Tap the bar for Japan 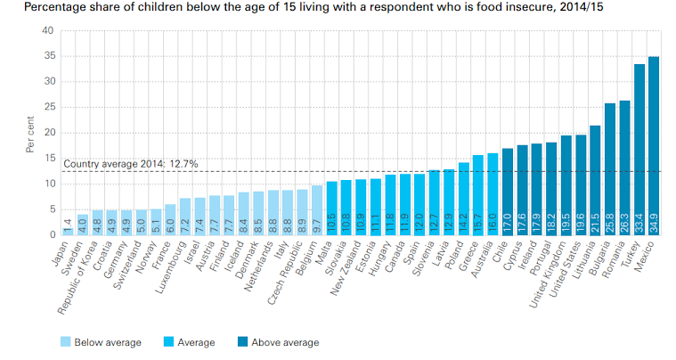tap(68, 230)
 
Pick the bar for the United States tap(581, 184)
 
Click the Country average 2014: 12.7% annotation tap(130, 164)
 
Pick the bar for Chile tap(508, 191)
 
